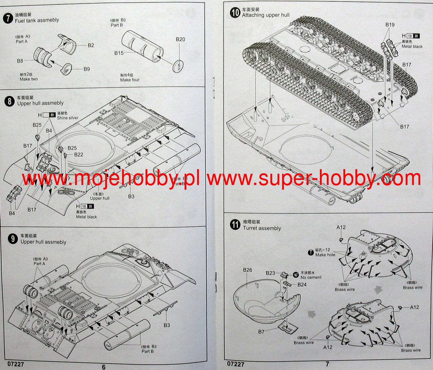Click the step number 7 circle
pyautogui.click(x=8, y=19)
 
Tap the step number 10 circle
pyautogui.click(x=235, y=13)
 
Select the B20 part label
pyautogui.click(x=180, y=39)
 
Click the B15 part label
pyautogui.click(x=119, y=53)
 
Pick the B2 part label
pyautogui.click(x=91, y=45)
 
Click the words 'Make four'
pyautogui.click(x=130, y=80)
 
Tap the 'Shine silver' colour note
pyautogui.click(x=68, y=118)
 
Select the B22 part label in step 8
pyautogui.click(x=79, y=155)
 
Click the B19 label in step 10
pyautogui.click(x=390, y=25)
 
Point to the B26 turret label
pyautogui.click(x=247, y=270)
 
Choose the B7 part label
pyautogui.click(x=261, y=332)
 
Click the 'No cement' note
pyautogui.click(x=311, y=277)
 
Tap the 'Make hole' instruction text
pyautogui.click(x=325, y=255)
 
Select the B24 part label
pyautogui.click(x=302, y=285)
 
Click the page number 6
pyautogui.click(x=104, y=367)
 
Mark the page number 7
pyautogui.click(x=327, y=364)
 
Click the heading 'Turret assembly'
pyautogui.click(x=262, y=228)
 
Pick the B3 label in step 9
pyautogui.click(x=167, y=325)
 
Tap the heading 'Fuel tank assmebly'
pyautogui.click(x=37, y=20)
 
